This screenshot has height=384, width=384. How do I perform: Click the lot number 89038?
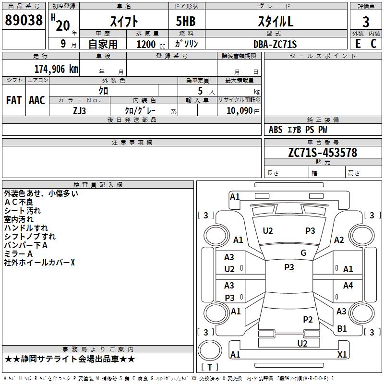(x=24, y=21)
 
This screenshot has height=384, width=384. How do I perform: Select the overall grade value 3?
(x=366, y=22)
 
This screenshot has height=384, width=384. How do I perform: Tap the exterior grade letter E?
(x=358, y=43)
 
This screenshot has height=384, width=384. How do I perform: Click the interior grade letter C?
(x=373, y=43)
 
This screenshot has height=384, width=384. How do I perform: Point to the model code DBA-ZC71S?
(x=275, y=44)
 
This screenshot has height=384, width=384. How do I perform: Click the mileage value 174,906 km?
(x=56, y=69)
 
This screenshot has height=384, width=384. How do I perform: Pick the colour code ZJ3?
(x=80, y=110)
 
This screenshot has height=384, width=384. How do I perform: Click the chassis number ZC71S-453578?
(x=323, y=153)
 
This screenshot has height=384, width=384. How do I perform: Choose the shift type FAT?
(x=13, y=100)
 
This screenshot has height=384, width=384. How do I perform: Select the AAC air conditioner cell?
(x=37, y=100)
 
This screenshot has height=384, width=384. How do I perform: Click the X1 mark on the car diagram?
(x=342, y=355)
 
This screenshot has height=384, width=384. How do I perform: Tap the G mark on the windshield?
(x=303, y=253)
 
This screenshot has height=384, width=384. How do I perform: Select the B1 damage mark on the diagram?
(x=342, y=329)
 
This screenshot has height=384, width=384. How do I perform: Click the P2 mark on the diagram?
(x=308, y=320)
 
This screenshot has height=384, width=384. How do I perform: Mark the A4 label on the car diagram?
(x=348, y=286)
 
